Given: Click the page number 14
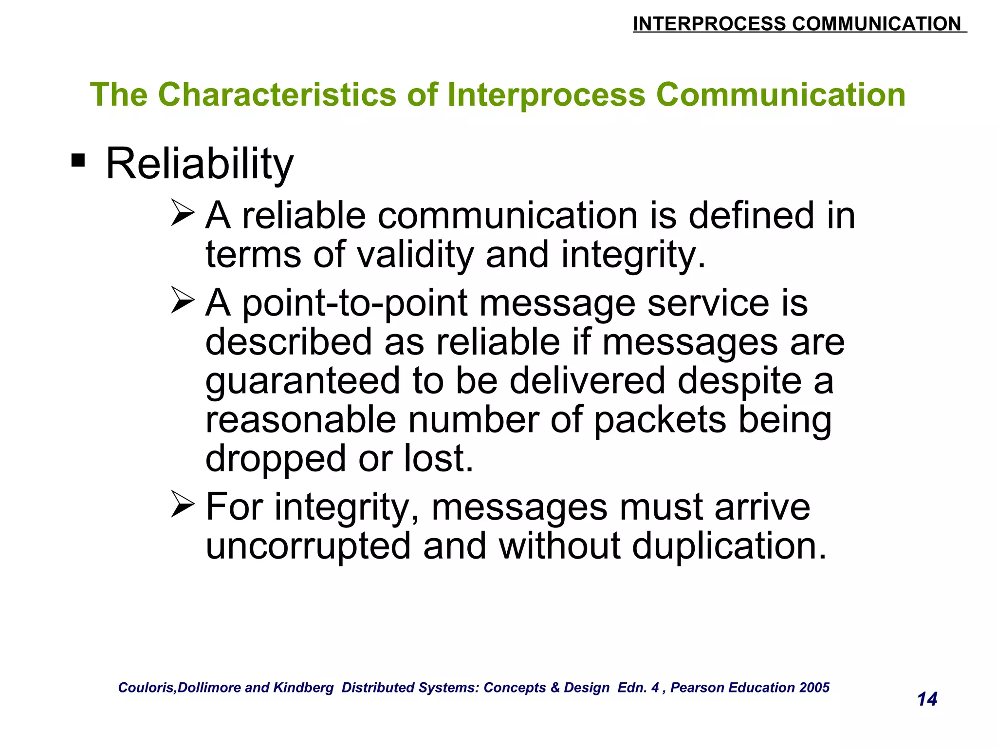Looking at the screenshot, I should (x=927, y=699).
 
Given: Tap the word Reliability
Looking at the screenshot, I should (x=200, y=165).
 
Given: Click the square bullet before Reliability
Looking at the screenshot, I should (x=78, y=160).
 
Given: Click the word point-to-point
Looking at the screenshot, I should (x=355, y=304).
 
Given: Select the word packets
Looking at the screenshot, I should (x=660, y=420).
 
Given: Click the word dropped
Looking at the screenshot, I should (x=276, y=459).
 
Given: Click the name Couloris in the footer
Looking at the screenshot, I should (x=147, y=688).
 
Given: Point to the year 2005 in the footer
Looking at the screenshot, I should (x=814, y=688).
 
